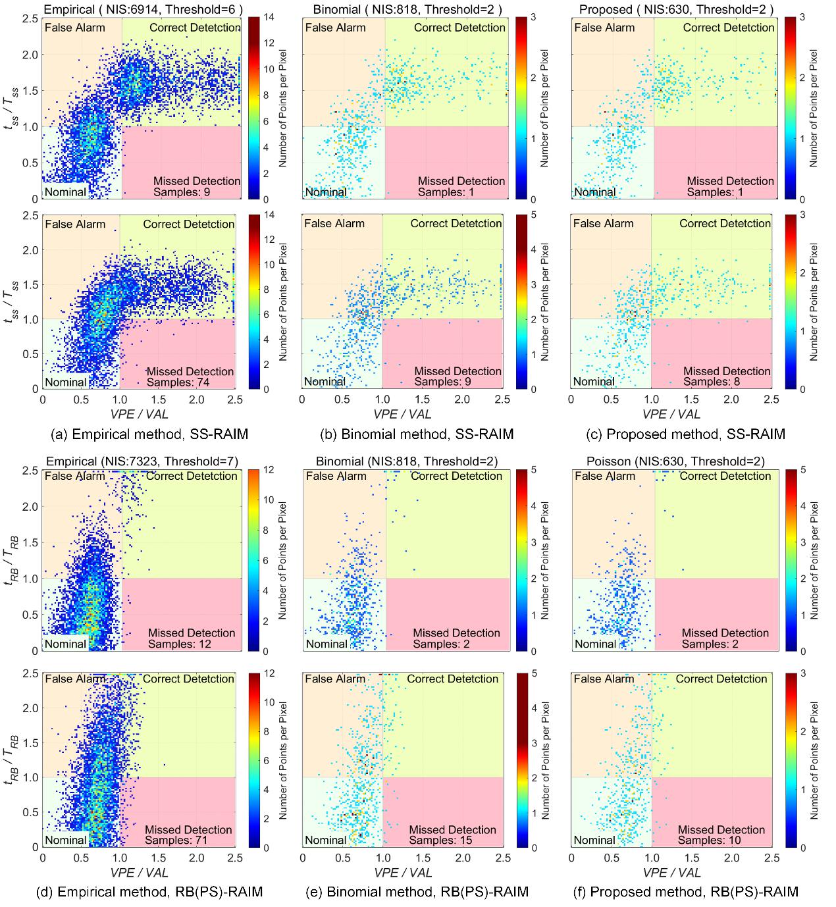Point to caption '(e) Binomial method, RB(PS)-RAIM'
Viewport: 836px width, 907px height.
[x=417, y=892]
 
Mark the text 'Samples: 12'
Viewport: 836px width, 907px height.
[x=179, y=644]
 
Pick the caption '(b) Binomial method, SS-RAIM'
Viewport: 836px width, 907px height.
[x=415, y=434]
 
